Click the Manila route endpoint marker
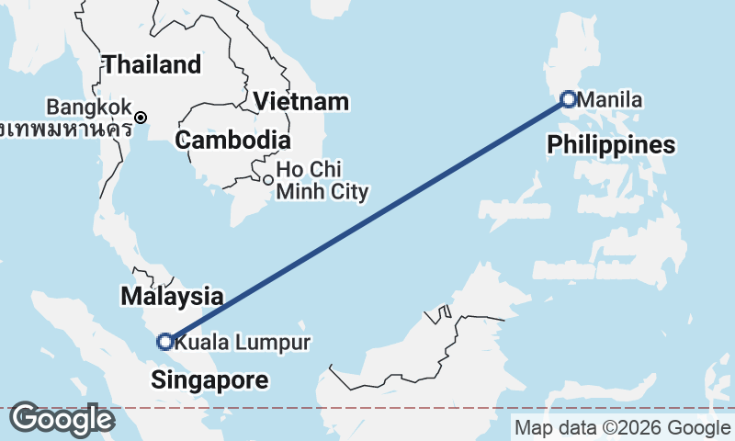(569, 99)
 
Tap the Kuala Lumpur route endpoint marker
(165, 342)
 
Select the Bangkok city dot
(141, 118)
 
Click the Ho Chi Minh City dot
(267, 180)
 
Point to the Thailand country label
(152, 65)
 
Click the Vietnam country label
(302, 102)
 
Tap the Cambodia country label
(233, 141)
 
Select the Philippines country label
(611, 145)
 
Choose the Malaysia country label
(172, 297)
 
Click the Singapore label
(210, 379)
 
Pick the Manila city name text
(612, 99)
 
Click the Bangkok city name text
(90, 107)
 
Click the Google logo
(62, 420)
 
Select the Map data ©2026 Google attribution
(622, 427)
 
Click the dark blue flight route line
(367, 220)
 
